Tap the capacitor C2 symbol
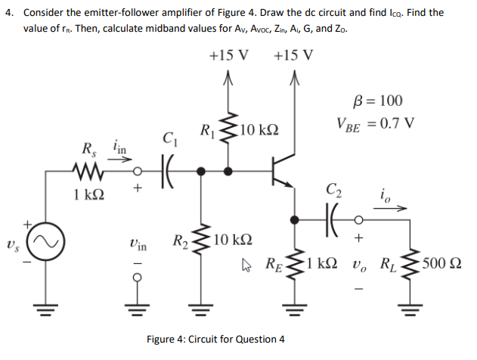coord(332,219)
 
